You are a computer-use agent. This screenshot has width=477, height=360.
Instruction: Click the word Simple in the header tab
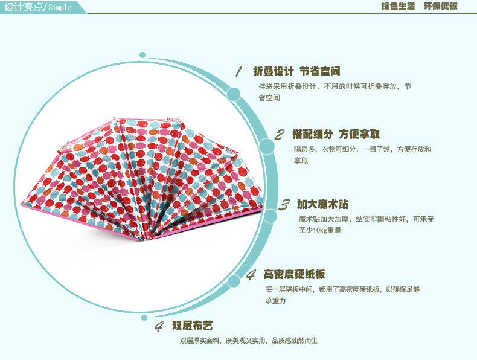(60, 7)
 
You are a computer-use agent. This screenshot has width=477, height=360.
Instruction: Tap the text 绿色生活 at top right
(398, 6)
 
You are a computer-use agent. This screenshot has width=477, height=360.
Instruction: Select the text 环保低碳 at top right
(441, 6)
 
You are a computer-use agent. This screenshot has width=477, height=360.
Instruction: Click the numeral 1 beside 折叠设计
(239, 71)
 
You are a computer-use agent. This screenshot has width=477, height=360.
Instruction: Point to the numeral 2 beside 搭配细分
(280, 135)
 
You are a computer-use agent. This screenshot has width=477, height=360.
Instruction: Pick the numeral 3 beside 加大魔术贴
(284, 205)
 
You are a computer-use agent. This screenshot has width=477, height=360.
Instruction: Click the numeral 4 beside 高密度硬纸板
(251, 275)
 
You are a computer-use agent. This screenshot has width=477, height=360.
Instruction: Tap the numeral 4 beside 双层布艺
(159, 326)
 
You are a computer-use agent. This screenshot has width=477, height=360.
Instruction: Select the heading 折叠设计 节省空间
(296, 71)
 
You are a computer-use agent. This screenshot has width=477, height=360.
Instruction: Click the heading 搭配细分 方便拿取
(336, 134)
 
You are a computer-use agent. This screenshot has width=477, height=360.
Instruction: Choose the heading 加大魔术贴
(323, 204)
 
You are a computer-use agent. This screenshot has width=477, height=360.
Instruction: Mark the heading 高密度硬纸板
(294, 274)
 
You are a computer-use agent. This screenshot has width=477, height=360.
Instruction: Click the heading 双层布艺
(192, 326)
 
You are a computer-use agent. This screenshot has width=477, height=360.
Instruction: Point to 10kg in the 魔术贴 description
(319, 230)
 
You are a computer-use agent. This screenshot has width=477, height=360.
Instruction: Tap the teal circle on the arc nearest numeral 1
(234, 94)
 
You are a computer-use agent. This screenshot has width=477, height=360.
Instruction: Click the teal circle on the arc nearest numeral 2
(267, 146)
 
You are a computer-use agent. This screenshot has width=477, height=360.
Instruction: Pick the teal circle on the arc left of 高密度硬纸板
(234, 281)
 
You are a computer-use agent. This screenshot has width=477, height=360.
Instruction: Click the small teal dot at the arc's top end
(142, 55)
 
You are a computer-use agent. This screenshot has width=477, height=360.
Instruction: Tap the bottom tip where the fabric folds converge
(141, 240)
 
